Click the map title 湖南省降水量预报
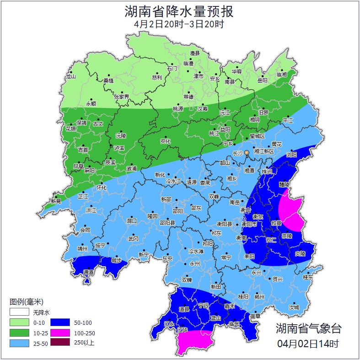[179, 11]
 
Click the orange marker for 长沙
[247, 152]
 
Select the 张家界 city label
[122, 97]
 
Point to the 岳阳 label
[262, 81]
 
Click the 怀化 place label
[102, 188]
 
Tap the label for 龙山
[70, 77]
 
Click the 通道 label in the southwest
[88, 273]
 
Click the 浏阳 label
[291, 155]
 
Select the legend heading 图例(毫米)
[27, 302]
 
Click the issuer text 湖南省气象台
[308, 328]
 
